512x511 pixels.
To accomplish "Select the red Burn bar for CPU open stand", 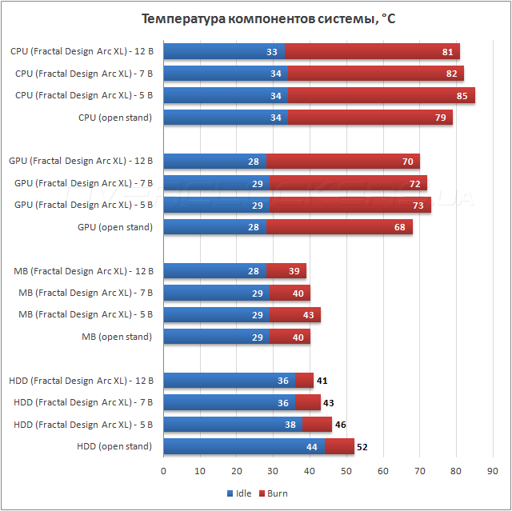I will click(370, 118).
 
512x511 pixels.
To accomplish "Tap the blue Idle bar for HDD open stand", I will click(243, 446).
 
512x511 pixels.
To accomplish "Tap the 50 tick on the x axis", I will click(346, 472).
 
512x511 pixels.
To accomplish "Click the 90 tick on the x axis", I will click(493, 472).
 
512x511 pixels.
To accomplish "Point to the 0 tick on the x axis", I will click(164, 472).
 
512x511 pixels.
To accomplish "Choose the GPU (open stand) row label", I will click(114, 227).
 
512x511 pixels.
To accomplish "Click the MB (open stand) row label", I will click(117, 337).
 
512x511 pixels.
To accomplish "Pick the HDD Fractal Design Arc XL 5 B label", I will click(83, 424).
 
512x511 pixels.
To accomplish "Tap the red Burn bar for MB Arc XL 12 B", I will click(286, 271).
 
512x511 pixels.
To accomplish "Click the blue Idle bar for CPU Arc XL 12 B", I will click(224, 52).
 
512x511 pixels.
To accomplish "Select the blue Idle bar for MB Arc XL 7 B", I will click(217, 293).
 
